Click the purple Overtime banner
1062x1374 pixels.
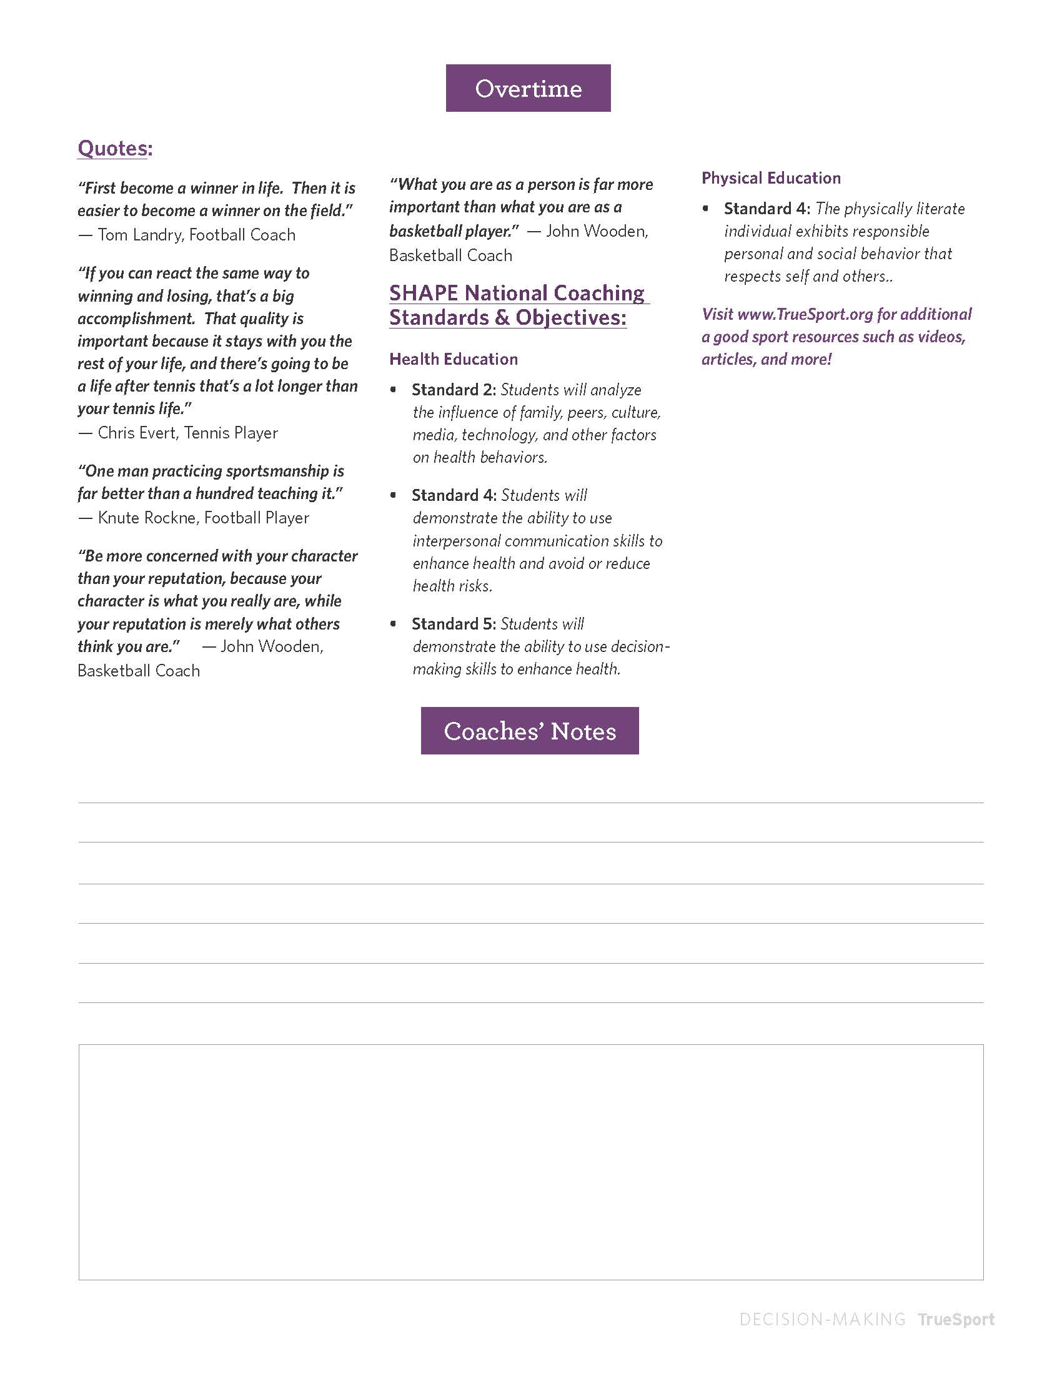[x=528, y=88]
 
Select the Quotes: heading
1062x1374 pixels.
[x=114, y=149]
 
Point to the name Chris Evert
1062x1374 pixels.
[x=137, y=433]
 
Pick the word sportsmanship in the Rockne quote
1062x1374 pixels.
[x=273, y=471]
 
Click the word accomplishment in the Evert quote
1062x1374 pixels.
[x=136, y=319]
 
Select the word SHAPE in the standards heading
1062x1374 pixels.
[x=424, y=293]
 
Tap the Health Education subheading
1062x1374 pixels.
[x=454, y=359]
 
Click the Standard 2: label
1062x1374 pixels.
[x=454, y=390]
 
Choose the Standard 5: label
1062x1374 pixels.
[x=454, y=624]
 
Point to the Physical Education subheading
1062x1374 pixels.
[x=771, y=178]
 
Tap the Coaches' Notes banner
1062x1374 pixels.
[x=530, y=731]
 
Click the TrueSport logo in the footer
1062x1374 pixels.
[x=956, y=1319]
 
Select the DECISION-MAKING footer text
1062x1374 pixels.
[x=822, y=1319]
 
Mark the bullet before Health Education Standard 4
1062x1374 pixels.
[x=393, y=495]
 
